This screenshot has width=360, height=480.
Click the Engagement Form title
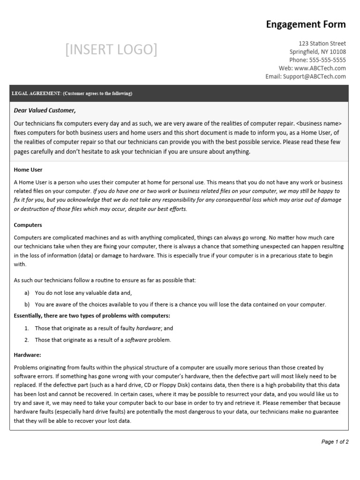pyautogui.click(x=306, y=24)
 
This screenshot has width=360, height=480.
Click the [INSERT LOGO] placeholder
pyautogui.click(x=112, y=49)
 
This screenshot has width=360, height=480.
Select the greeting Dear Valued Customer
pyautogui.click(x=45, y=111)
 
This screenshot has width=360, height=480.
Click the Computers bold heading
pyautogui.click(x=28, y=225)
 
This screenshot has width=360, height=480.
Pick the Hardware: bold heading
pyautogui.click(x=28, y=355)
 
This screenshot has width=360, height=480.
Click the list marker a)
pyautogui.click(x=27, y=293)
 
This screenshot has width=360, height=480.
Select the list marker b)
pyautogui.click(x=27, y=304)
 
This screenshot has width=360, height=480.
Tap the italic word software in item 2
pyautogui.click(x=135, y=340)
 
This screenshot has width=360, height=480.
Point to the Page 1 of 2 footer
pyautogui.click(x=335, y=442)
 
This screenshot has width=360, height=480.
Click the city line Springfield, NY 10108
pyautogui.click(x=318, y=52)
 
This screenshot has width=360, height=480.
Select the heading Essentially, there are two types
pyautogui.click(x=92, y=315)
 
